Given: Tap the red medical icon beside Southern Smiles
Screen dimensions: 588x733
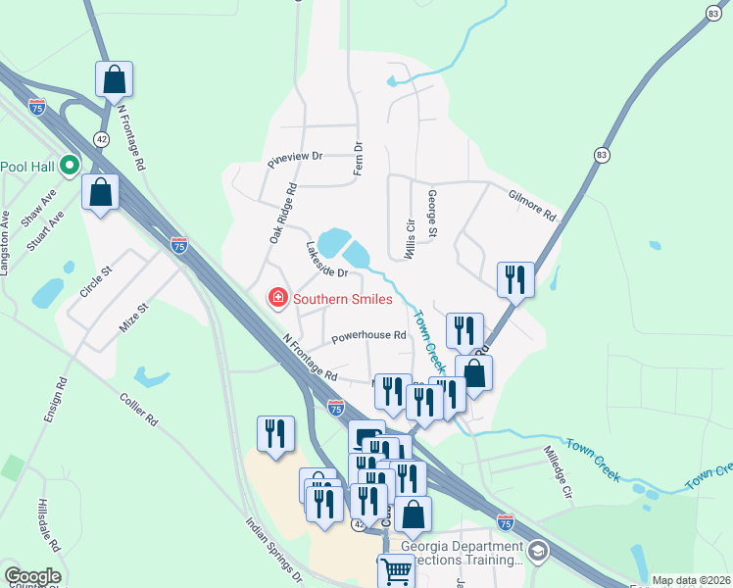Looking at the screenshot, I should (278, 298).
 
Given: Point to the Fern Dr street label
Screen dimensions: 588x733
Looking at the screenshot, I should (359, 160).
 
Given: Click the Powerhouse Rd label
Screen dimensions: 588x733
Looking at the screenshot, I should (368, 336).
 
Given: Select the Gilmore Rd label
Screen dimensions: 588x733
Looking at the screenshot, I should (532, 205).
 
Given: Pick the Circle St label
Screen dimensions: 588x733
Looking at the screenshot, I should (98, 284).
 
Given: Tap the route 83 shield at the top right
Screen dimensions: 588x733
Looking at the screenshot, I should (711, 12).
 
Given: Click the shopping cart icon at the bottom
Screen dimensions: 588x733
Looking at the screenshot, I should (396, 571).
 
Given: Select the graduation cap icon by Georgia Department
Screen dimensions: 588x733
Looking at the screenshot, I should (538, 554).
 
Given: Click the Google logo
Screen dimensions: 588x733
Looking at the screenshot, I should (31, 576).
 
